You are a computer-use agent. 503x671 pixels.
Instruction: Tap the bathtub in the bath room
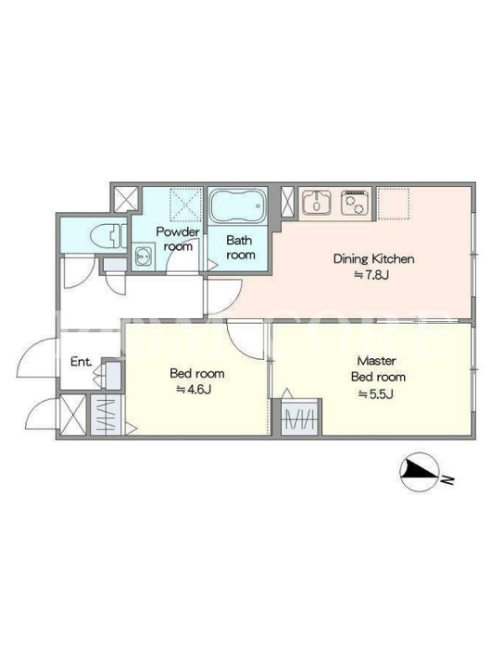[x=237, y=205]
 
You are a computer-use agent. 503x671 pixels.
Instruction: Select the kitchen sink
[x=317, y=202]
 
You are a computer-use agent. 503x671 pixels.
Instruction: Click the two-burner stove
[x=355, y=202]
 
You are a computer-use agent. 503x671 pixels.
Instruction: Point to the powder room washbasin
[x=143, y=257]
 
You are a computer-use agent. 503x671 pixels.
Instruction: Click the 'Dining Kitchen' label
[x=373, y=259]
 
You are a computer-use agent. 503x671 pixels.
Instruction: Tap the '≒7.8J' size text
[x=371, y=275]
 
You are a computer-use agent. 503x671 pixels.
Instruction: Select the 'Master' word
[x=376, y=361]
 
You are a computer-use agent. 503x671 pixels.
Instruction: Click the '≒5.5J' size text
[x=376, y=394]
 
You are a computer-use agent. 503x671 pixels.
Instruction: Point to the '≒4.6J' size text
[x=194, y=390]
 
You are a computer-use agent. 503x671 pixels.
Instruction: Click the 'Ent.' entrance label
[x=81, y=362]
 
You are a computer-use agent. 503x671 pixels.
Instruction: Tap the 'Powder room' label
[x=178, y=239]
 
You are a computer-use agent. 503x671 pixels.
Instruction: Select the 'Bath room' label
[x=240, y=247]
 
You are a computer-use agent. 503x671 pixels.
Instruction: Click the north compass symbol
[x=418, y=472]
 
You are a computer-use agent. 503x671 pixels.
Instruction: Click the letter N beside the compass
[x=448, y=480]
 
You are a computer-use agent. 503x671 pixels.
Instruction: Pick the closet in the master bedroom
[x=301, y=417]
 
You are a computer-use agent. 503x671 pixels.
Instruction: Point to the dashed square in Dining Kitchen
[x=393, y=203]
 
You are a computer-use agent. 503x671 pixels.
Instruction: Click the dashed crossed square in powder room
[x=186, y=204]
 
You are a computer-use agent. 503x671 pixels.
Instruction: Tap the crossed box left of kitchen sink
[x=288, y=202]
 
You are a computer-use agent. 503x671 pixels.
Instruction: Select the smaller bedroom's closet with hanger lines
[x=106, y=415]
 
